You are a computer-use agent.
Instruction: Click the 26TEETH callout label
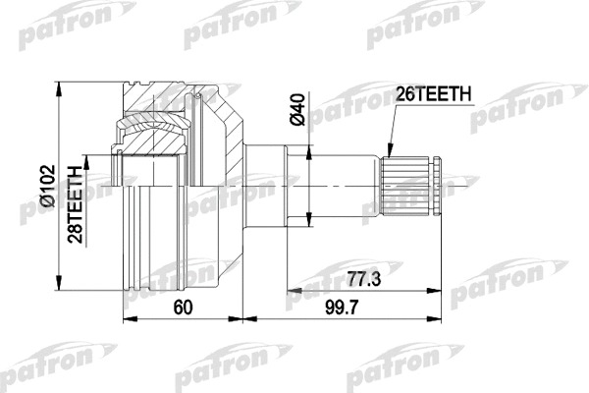click(433, 94)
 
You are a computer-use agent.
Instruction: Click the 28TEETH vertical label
click(75, 204)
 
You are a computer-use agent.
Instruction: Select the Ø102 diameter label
click(47, 186)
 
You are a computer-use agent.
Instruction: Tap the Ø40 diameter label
click(297, 110)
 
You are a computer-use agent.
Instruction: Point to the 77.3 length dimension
click(363, 279)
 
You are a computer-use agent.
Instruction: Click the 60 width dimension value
click(183, 308)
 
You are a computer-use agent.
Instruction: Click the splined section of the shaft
click(404, 187)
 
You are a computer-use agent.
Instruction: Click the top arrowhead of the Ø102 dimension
click(58, 89)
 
